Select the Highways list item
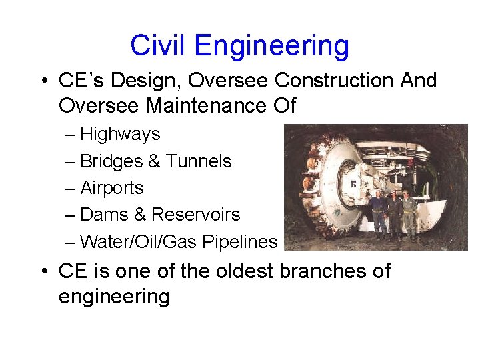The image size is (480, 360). pyautogui.click(x=120, y=134)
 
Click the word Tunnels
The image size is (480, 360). pyautogui.click(x=199, y=161)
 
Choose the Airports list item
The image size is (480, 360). pyautogui.click(x=111, y=188)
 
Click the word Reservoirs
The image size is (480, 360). pyautogui.click(x=195, y=215)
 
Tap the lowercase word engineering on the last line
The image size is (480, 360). pyautogui.click(x=114, y=297)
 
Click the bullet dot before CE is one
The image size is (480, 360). pyautogui.click(x=43, y=272)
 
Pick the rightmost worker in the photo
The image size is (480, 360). pyautogui.click(x=409, y=213)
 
